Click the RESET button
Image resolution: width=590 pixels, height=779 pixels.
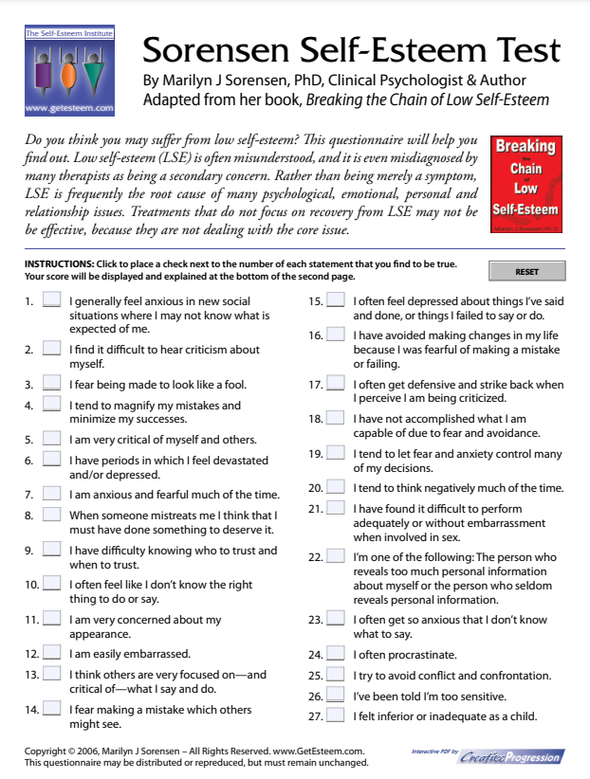click(526, 272)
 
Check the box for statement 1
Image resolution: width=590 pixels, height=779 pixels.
click(51, 302)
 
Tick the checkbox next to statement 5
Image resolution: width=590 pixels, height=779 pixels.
click(51, 439)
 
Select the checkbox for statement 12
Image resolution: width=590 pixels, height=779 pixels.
click(51, 653)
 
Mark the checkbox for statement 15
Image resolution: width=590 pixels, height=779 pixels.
click(336, 302)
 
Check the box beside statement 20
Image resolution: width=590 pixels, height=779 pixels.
click(336, 488)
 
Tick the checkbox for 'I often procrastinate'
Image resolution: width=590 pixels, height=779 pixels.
click(336, 654)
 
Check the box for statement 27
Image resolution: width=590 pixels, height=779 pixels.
click(336, 716)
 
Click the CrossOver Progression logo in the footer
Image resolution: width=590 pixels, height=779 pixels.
click(511, 756)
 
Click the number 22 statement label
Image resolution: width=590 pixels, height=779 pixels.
click(315, 557)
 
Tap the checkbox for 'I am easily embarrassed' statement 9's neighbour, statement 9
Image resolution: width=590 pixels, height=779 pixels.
click(51, 551)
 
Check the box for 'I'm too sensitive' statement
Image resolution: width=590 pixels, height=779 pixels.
click(336, 695)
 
